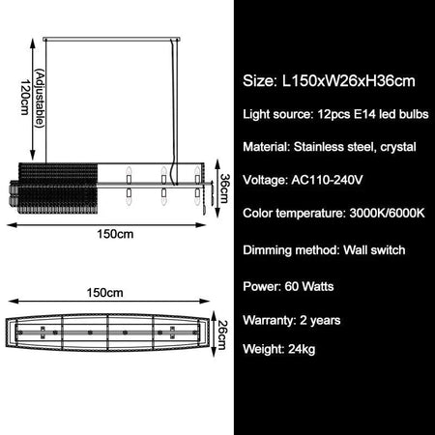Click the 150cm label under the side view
[x=115, y=235]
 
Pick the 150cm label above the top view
[x=115, y=291]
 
